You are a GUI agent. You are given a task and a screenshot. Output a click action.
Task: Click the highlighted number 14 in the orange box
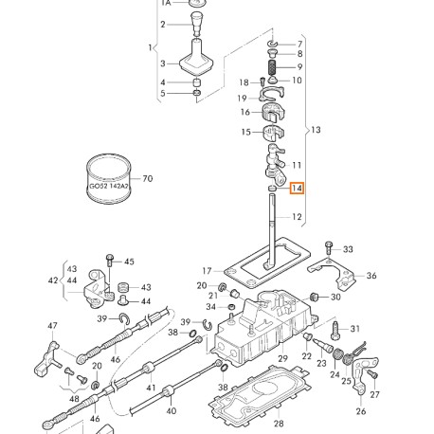click(297, 189)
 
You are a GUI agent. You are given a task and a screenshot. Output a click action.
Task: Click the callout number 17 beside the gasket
click(207, 271)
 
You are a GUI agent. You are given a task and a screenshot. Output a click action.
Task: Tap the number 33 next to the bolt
click(348, 250)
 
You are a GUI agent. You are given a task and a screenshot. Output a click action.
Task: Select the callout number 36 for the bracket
click(371, 276)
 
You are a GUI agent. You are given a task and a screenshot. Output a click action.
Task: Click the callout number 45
click(129, 262)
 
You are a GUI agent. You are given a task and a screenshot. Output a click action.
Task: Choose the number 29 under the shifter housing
click(281, 360)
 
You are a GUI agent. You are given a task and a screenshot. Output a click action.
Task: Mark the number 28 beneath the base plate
click(279, 422)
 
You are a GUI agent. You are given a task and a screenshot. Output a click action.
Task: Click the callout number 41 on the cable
click(149, 389)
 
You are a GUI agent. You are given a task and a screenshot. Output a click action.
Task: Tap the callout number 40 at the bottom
click(171, 411)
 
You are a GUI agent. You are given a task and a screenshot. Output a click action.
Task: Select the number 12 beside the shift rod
click(297, 217)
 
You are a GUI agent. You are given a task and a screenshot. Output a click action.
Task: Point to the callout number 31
click(355, 329)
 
